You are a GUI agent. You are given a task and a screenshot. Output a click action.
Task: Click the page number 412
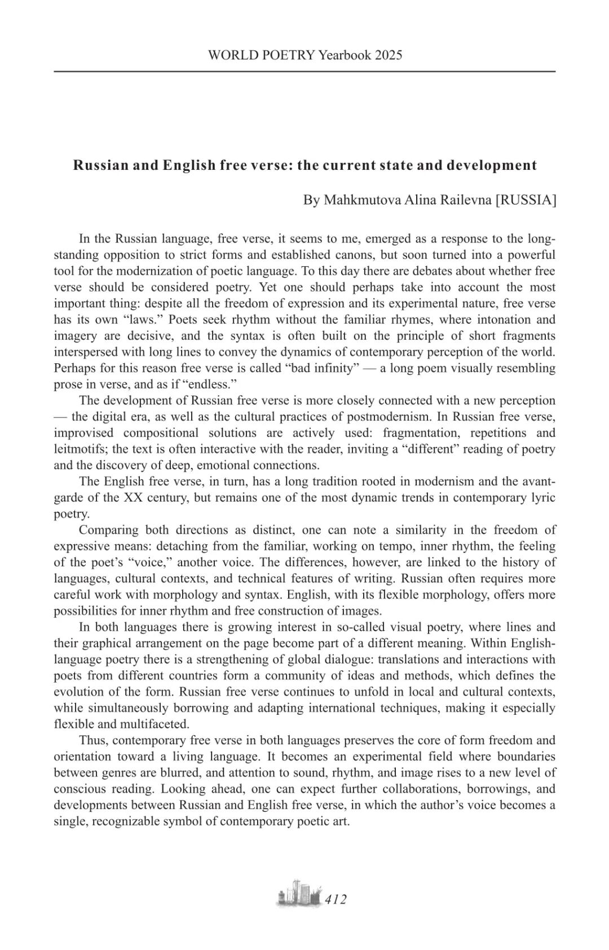click(336, 899)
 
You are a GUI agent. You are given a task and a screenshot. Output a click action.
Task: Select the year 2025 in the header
click(388, 55)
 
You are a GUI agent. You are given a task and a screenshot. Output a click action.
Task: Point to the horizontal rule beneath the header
click(304, 72)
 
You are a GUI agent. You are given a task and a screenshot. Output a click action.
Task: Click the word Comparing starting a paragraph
click(109, 530)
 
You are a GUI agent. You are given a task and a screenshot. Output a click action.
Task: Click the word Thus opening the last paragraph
click(94, 740)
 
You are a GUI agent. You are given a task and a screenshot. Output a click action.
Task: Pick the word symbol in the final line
click(197, 821)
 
